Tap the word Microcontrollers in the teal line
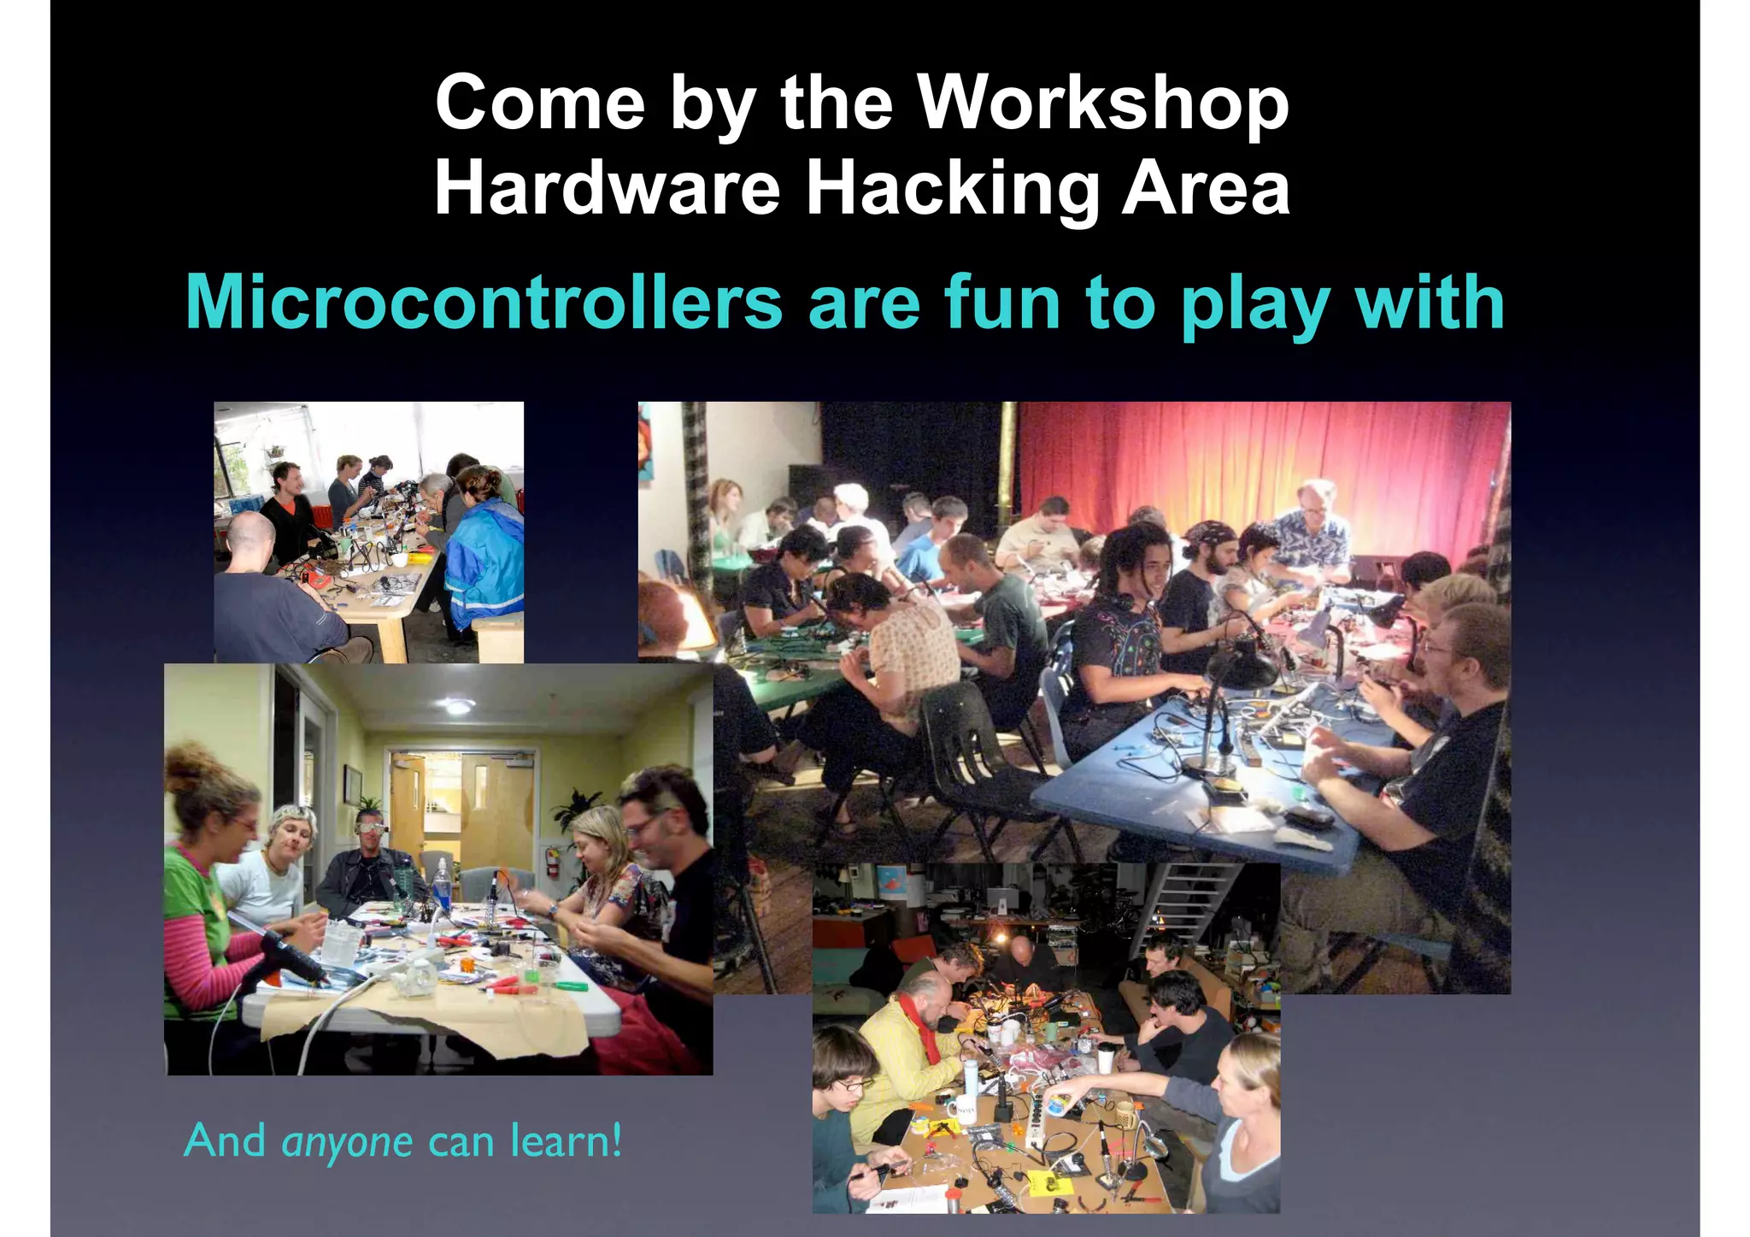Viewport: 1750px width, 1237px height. point(484,303)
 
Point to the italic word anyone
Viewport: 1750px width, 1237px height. point(347,1142)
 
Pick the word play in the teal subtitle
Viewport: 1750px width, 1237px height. point(1254,304)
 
